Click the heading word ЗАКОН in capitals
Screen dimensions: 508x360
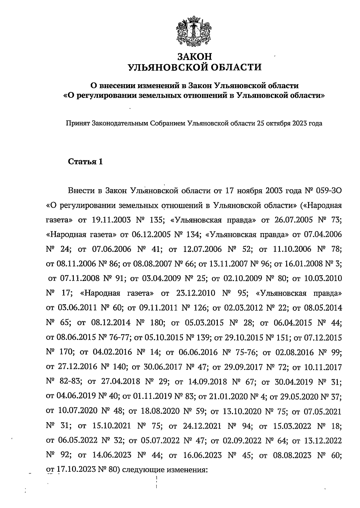pos(195,56)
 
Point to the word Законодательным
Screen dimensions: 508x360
pos(119,123)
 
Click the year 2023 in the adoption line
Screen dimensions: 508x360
pos(300,123)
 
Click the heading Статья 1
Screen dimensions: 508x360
pos(85,162)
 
